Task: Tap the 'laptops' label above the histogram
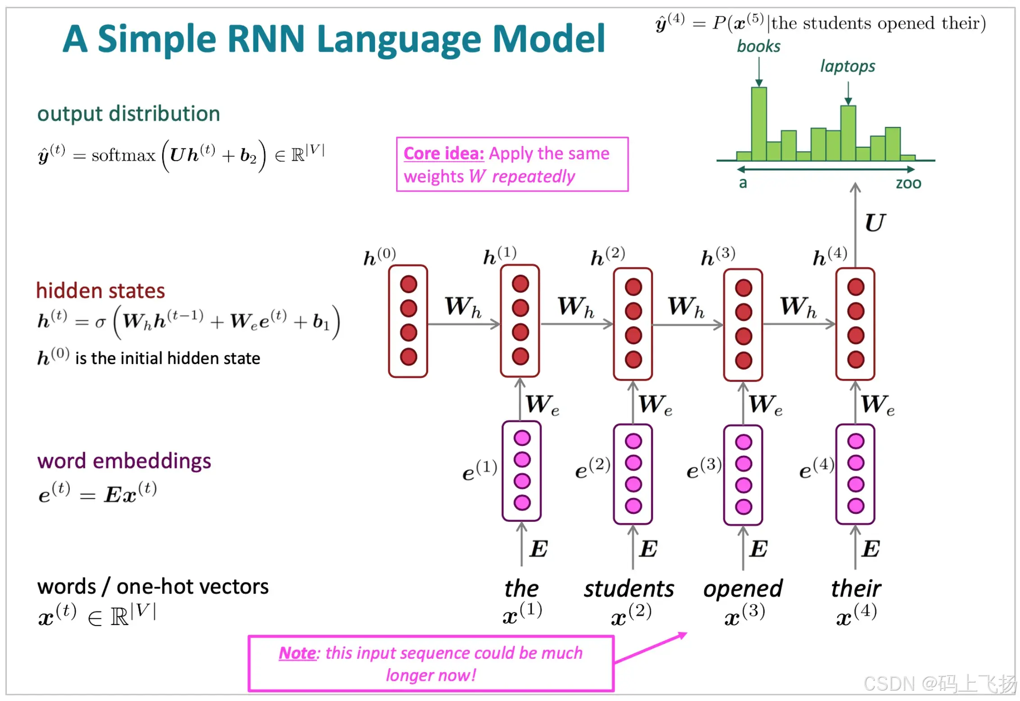(x=847, y=66)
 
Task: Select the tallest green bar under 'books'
(x=758, y=124)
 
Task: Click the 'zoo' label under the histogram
(x=908, y=183)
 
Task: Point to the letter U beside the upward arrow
(x=875, y=223)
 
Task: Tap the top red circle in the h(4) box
(x=855, y=287)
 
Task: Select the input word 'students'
(x=629, y=589)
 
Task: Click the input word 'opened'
(x=743, y=589)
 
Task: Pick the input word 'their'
(x=856, y=589)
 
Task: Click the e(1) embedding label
(x=479, y=470)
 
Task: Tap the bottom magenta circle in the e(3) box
(x=743, y=507)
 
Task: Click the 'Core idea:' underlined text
(x=443, y=154)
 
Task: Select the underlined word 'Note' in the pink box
(x=298, y=653)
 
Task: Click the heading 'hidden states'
(x=100, y=291)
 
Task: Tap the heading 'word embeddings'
(x=124, y=461)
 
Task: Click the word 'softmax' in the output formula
(x=123, y=155)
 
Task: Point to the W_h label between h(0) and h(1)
(x=463, y=307)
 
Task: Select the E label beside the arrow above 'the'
(x=538, y=549)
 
